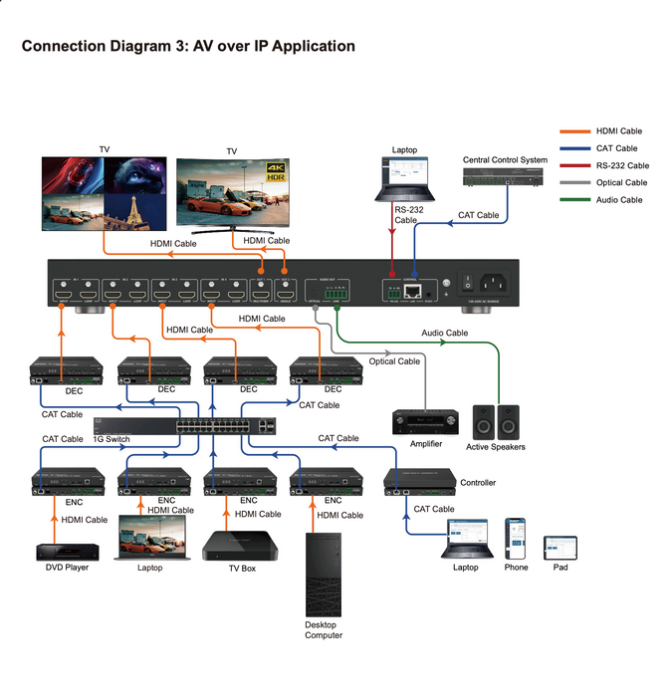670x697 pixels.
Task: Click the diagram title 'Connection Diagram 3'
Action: click(x=188, y=46)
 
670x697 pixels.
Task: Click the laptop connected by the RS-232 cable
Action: click(x=404, y=180)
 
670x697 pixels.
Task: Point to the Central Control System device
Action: click(x=505, y=177)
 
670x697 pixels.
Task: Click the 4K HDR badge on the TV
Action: click(x=274, y=174)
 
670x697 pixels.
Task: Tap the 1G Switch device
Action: click(x=225, y=424)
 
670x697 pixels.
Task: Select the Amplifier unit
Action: click(x=425, y=421)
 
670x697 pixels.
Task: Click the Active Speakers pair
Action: click(x=495, y=421)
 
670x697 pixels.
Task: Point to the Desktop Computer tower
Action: click(x=324, y=575)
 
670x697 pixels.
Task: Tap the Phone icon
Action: click(x=516, y=539)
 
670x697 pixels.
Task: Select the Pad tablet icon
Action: click(x=559, y=547)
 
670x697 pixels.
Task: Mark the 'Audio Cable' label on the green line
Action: click(x=444, y=334)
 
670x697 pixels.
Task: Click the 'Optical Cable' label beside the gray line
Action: click(x=395, y=361)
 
